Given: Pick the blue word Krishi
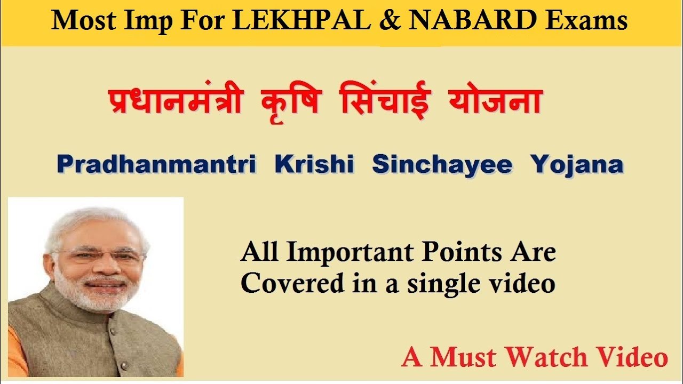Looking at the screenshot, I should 314,165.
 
